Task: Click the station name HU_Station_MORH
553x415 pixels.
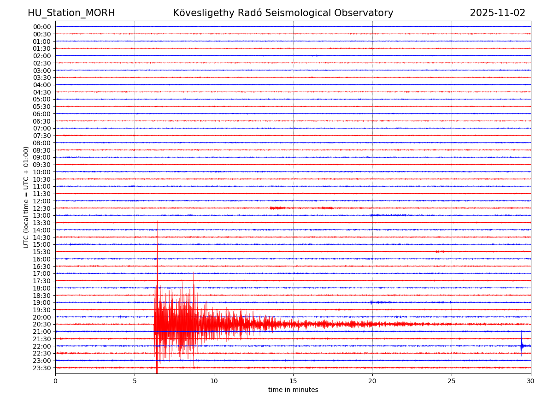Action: tap(71, 13)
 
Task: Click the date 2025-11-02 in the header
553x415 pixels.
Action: tap(497, 13)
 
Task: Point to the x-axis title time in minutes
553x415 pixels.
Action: tap(293, 390)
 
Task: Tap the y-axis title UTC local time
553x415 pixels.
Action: tap(27, 197)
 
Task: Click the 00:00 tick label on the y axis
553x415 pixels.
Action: tap(42, 27)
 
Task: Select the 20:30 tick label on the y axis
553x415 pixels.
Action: tap(42, 324)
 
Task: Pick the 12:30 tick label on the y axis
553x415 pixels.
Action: tap(42, 208)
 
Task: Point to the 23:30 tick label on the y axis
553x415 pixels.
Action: tap(42, 368)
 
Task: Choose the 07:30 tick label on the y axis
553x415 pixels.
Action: tap(42, 136)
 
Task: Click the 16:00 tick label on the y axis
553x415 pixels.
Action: tap(42, 259)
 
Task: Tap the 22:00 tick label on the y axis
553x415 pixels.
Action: tap(42, 346)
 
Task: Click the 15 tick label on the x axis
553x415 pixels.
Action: tap(293, 381)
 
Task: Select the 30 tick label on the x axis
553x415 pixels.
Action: tap(531, 381)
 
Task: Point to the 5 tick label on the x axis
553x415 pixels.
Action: tap(135, 381)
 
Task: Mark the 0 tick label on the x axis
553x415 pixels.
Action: tap(55, 381)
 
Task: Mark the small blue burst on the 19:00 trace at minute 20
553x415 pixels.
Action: tap(371, 302)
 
